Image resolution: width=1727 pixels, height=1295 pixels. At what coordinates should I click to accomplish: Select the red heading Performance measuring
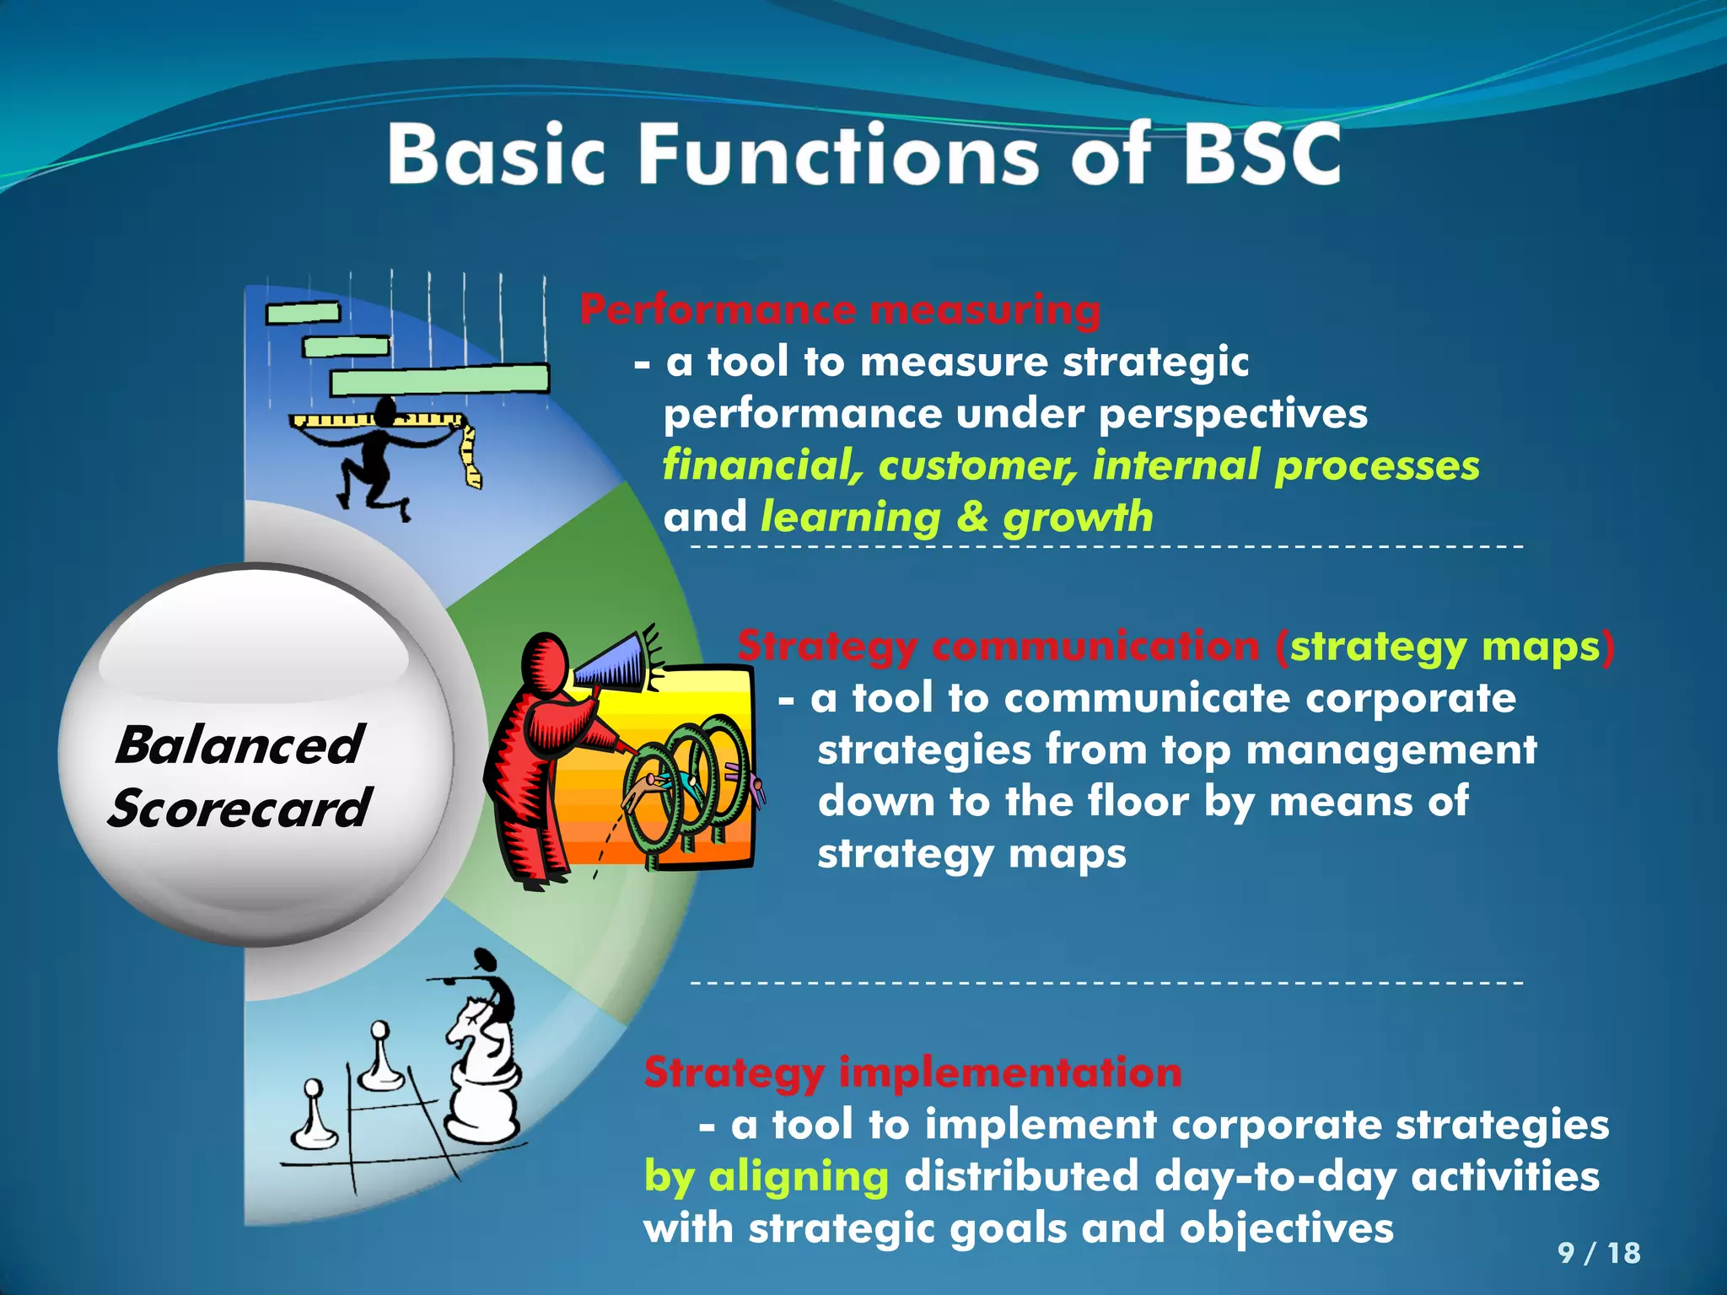[840, 309]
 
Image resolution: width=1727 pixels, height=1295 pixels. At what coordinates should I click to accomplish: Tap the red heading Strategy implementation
[912, 1072]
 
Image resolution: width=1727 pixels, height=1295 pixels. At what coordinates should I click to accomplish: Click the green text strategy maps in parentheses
[1445, 647]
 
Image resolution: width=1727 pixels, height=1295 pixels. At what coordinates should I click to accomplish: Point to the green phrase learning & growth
[956, 517]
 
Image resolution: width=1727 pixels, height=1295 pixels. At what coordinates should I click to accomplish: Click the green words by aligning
[766, 1176]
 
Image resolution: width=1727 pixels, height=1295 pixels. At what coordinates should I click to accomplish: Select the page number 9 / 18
[1599, 1253]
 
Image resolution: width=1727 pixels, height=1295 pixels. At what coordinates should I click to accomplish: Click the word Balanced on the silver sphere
[239, 745]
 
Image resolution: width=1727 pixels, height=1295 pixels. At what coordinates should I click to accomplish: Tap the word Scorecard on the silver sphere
[239, 808]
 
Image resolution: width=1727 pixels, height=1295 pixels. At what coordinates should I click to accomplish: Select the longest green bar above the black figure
[438, 379]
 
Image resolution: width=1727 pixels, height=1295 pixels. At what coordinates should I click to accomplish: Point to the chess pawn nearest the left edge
[315, 1117]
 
